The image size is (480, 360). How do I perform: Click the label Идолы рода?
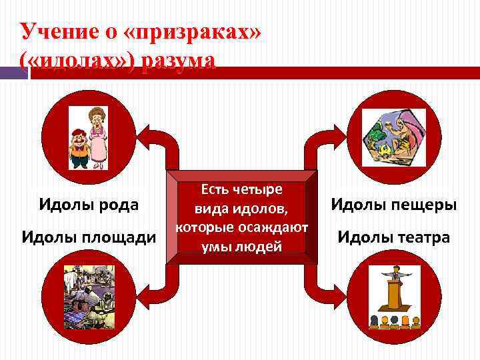pyautogui.click(x=89, y=204)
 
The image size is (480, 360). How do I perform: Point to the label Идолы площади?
pyautogui.click(x=89, y=236)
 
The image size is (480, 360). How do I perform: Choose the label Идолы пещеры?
pyautogui.click(x=394, y=204)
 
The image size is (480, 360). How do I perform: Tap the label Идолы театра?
pyautogui.click(x=394, y=237)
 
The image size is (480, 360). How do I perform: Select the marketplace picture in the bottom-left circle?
pyautogui.click(x=89, y=297)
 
